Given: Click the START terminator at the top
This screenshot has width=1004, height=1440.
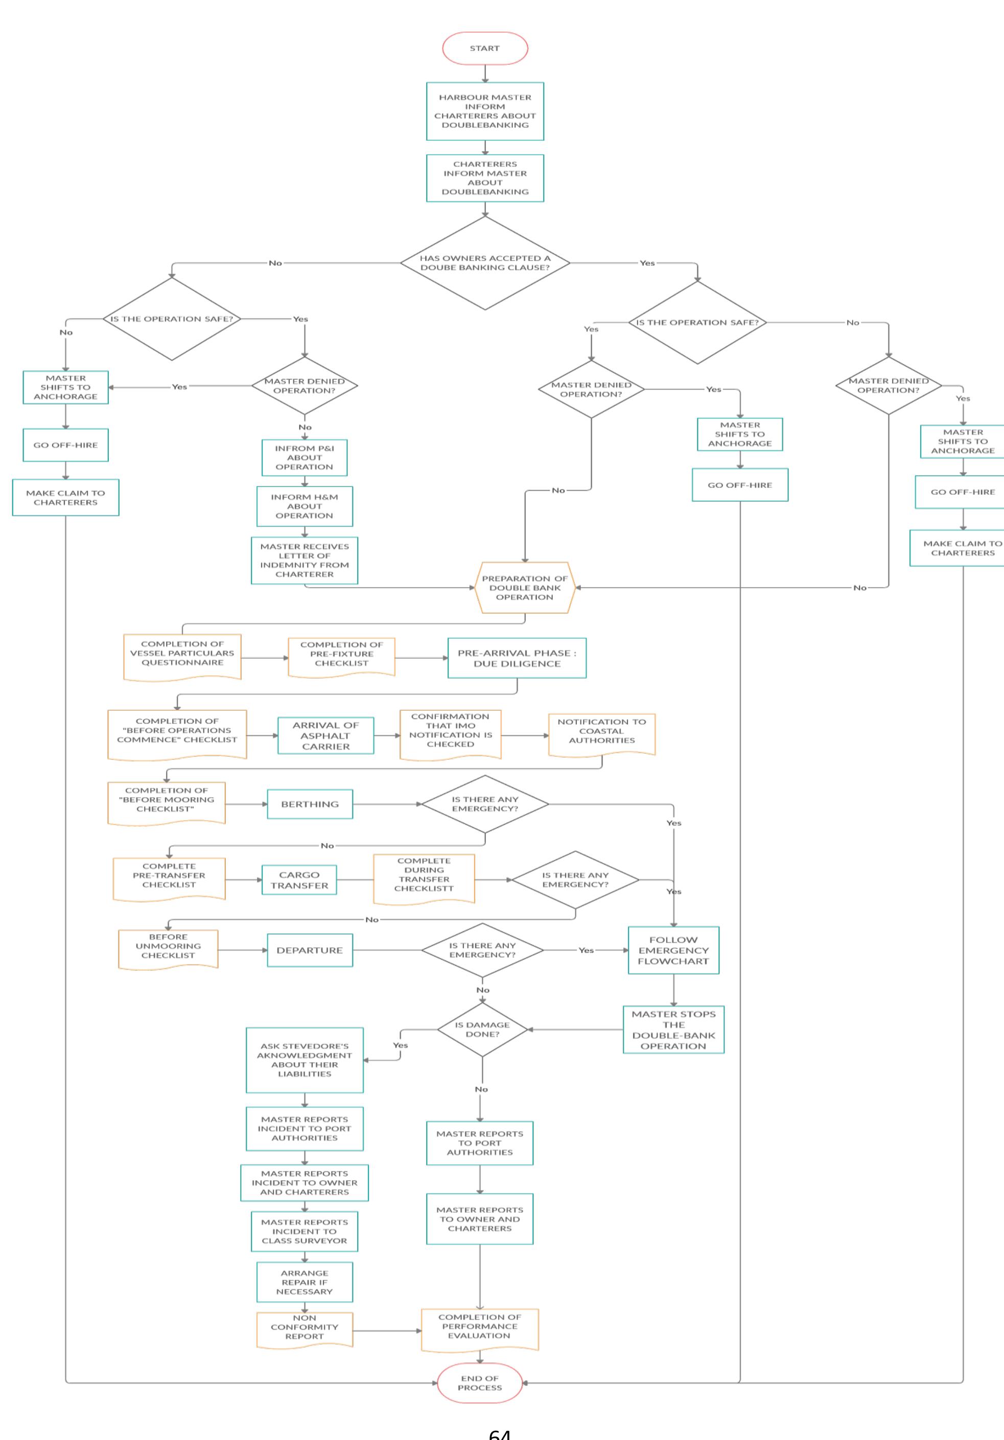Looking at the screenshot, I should click(x=484, y=49).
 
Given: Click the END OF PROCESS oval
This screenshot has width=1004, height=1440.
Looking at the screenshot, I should click(x=479, y=1382).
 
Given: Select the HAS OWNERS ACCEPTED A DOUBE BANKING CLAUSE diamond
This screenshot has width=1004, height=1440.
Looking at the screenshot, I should click(x=484, y=263).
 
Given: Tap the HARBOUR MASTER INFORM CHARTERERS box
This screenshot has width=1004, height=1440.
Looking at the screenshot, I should click(x=484, y=111).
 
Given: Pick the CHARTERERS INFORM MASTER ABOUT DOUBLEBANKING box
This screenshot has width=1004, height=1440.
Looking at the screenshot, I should click(x=484, y=178).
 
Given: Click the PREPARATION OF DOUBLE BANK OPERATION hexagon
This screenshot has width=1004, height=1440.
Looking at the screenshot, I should click(x=525, y=588).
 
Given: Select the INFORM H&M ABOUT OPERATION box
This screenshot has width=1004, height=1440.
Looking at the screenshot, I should click(x=305, y=506).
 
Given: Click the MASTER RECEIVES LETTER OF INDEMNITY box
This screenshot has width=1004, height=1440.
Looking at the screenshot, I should click(x=305, y=560).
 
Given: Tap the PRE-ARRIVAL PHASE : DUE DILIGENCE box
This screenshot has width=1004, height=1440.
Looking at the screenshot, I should click(x=517, y=658).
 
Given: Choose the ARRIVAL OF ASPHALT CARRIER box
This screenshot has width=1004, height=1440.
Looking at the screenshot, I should click(x=325, y=736).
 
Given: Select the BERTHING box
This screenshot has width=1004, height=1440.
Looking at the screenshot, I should click(x=310, y=804).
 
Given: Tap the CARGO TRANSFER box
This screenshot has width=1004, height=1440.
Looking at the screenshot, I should click(x=299, y=880).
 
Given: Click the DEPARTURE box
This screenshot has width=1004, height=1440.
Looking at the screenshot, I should click(x=310, y=950).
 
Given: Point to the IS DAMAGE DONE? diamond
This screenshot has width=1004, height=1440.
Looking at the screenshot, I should click(x=482, y=1029).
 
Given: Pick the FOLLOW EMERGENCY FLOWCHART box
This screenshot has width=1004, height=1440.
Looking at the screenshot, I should click(x=673, y=950).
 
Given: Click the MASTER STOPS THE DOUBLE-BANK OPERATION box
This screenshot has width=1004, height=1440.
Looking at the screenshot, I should click(x=673, y=1030).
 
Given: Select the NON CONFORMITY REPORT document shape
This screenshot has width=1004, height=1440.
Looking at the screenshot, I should click(x=305, y=1328).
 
